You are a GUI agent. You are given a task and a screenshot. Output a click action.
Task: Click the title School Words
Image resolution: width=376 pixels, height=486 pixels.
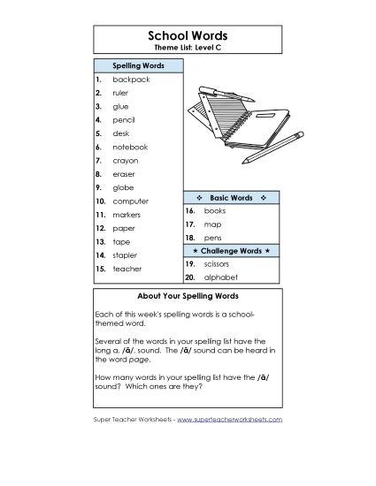click(188, 35)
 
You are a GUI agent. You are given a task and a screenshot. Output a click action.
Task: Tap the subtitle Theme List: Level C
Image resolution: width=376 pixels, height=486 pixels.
click(188, 47)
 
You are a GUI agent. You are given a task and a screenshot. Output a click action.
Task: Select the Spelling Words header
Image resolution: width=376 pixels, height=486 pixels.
click(138, 65)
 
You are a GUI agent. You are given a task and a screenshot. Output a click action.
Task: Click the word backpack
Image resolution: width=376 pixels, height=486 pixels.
click(131, 80)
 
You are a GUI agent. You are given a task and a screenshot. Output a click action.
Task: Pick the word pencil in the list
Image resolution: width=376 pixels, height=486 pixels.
click(124, 120)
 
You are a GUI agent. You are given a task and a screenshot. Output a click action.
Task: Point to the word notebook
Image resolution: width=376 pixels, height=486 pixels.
click(130, 147)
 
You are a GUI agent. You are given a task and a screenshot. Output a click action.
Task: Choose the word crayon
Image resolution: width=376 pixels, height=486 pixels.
click(125, 161)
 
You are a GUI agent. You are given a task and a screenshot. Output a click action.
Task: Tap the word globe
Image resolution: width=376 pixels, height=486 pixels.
click(123, 187)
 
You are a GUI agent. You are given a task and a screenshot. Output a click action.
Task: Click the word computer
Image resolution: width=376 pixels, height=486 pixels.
click(130, 201)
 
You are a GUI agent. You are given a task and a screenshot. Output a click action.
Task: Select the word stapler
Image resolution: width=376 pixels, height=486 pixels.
click(125, 254)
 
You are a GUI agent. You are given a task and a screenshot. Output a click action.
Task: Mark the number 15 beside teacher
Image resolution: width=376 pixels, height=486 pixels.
click(101, 269)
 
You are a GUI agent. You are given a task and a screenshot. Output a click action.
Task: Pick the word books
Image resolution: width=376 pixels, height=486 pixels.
click(215, 211)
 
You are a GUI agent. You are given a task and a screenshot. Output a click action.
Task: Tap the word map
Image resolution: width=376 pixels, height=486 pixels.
click(212, 224)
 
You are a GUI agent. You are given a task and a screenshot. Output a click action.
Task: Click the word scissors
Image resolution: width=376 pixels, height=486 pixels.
click(217, 263)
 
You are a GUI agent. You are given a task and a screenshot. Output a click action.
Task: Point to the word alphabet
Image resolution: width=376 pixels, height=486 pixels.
click(219, 277)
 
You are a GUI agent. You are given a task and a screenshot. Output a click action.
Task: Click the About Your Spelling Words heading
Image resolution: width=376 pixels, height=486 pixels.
click(188, 296)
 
